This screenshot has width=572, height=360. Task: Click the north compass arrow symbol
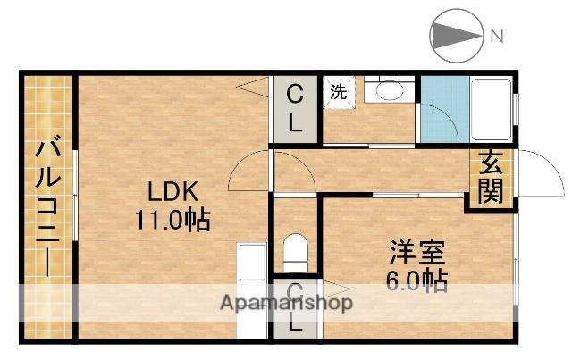tap(456, 36)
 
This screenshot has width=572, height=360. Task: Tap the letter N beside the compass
tap(496, 37)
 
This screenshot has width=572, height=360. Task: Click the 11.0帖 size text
tap(172, 219)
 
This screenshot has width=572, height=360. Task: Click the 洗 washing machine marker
tap(338, 92)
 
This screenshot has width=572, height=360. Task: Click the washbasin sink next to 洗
tap(389, 89)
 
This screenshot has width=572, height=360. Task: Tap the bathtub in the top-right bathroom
tap(491, 109)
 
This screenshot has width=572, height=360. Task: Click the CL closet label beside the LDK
tap(294, 107)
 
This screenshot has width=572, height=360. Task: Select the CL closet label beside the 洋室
tap(294, 308)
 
